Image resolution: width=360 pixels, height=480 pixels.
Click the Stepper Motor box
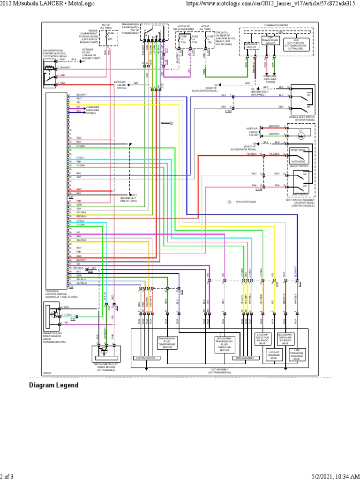147,358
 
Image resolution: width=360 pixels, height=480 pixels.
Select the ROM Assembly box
246,358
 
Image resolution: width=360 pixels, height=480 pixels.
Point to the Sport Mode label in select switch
299,150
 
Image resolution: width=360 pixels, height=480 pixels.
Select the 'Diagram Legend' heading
54,385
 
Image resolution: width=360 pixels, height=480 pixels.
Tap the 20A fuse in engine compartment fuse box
110,37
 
